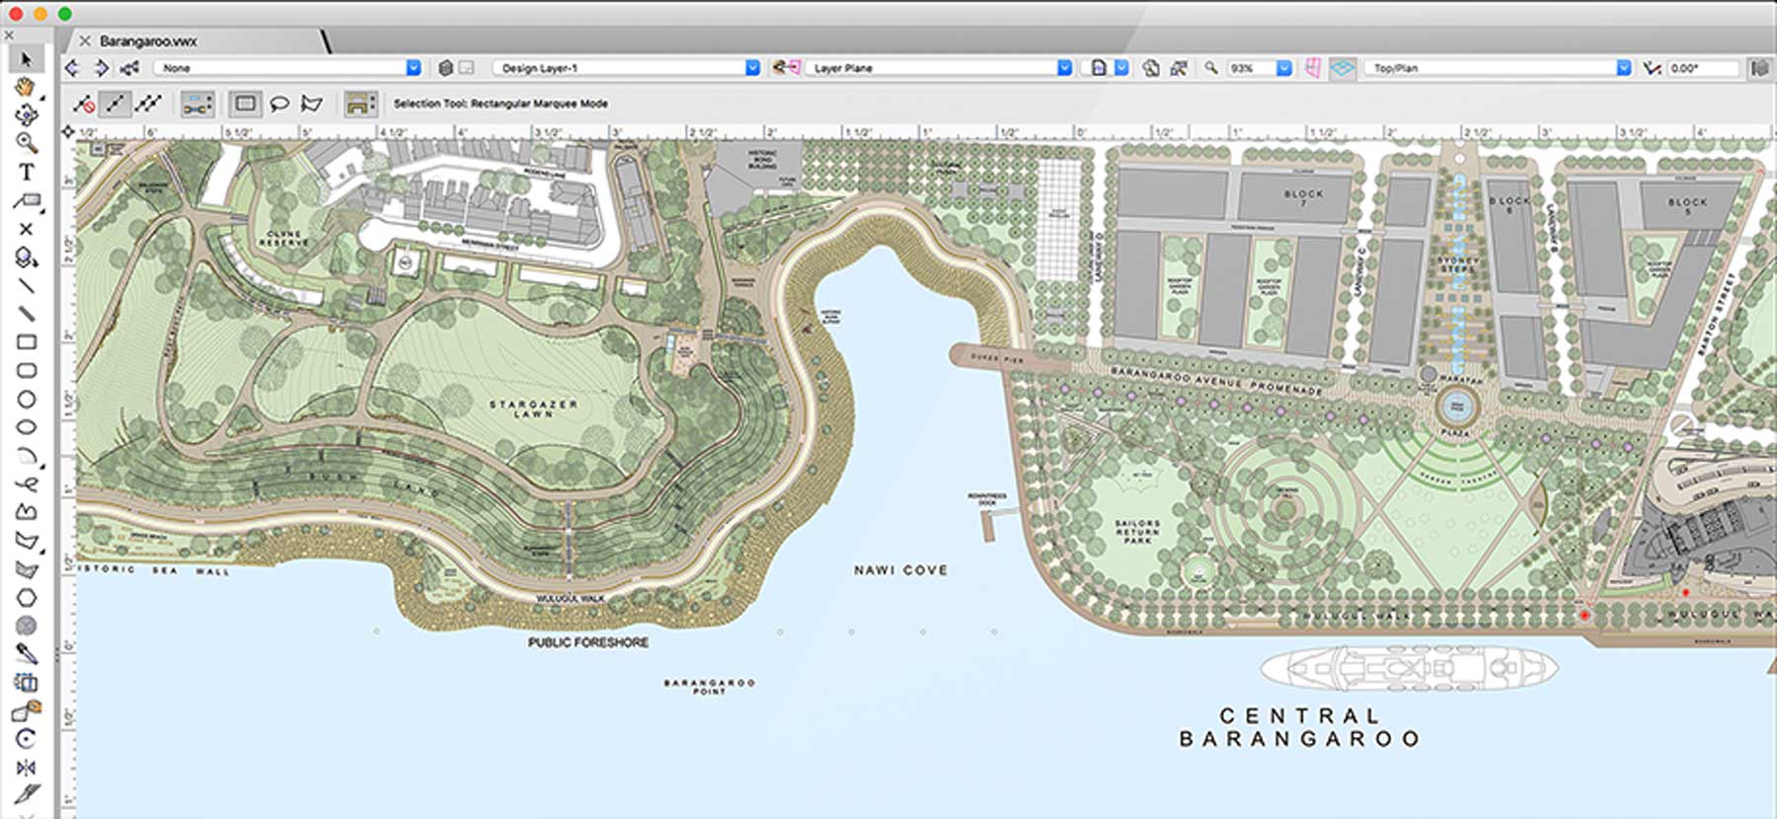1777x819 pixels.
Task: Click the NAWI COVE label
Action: point(900,570)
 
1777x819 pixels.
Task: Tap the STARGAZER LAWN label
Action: point(533,409)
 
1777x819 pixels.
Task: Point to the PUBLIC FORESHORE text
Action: point(588,642)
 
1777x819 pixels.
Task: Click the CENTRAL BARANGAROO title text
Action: point(1299,727)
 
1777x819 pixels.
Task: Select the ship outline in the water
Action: point(1409,668)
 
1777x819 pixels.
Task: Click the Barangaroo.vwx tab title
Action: point(148,41)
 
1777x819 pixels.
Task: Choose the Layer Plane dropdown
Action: point(938,68)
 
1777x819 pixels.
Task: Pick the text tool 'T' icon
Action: point(27,172)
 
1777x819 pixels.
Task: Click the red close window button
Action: point(16,14)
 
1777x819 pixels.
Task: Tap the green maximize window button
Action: point(64,14)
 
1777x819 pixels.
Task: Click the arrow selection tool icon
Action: point(27,59)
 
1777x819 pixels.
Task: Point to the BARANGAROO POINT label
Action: point(709,687)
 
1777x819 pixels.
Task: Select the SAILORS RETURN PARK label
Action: point(1136,532)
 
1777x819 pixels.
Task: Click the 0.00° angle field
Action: point(1700,68)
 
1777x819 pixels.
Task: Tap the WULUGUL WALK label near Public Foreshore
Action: point(570,599)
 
